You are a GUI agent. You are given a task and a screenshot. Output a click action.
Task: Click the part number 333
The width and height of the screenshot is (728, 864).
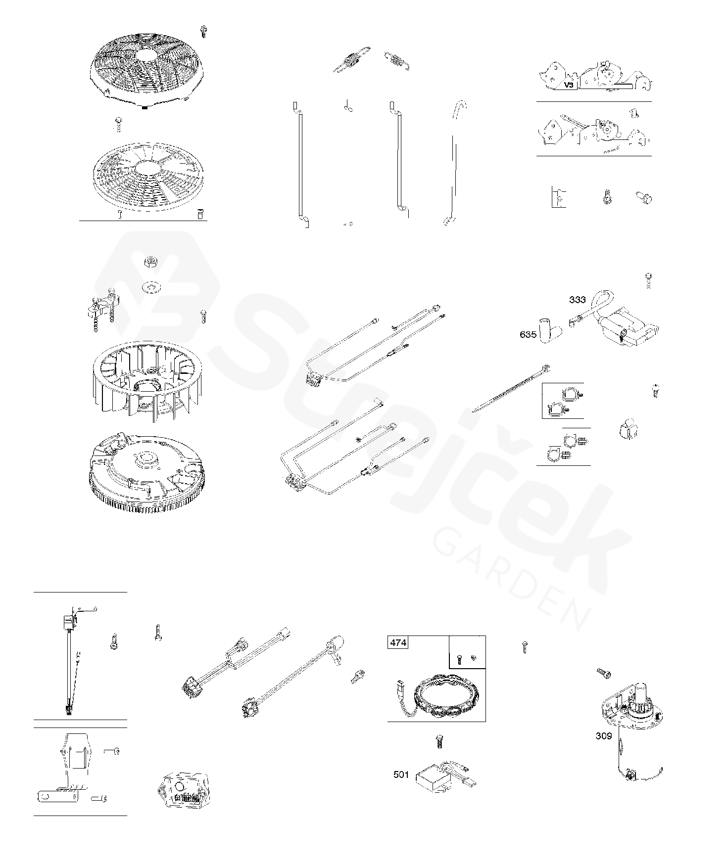577,299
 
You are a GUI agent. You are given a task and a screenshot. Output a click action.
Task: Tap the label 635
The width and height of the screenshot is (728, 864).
528,334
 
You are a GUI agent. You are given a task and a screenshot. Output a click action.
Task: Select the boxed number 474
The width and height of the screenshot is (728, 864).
398,642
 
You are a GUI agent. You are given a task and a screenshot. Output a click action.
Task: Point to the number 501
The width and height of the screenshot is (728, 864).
401,774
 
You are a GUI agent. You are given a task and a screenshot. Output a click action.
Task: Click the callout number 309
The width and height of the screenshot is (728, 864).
604,736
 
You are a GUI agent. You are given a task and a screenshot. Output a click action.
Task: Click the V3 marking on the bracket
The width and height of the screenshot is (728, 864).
570,85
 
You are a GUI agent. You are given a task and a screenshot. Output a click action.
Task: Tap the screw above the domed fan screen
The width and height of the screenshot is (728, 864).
203,31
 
